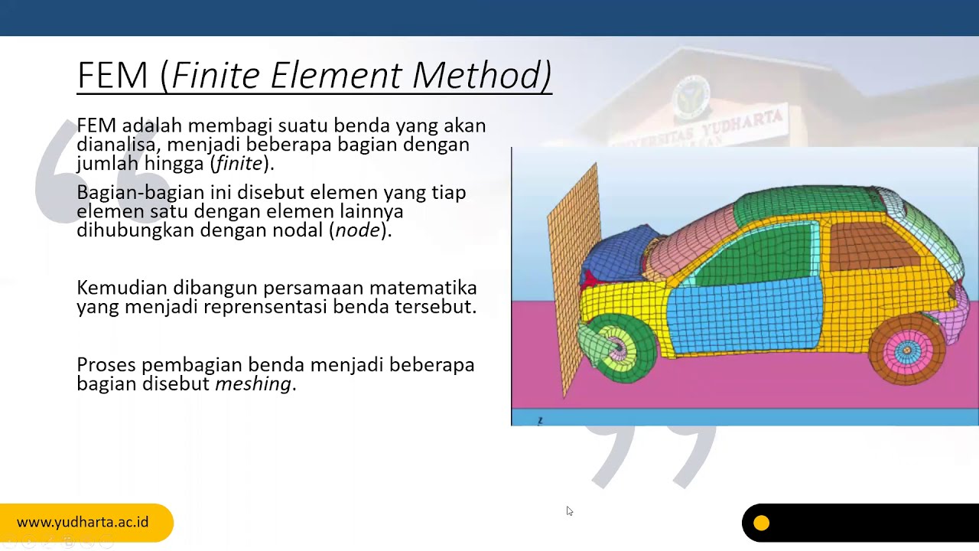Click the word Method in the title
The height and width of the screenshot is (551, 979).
tap(481, 76)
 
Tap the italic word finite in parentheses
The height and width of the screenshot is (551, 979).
tap(240, 163)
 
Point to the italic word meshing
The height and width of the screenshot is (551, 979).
tap(253, 383)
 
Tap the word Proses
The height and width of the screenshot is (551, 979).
tap(106, 365)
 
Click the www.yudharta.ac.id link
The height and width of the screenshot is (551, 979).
tap(83, 523)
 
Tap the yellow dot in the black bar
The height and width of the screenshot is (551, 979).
tap(761, 523)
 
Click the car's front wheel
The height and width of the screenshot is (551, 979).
tap(616, 348)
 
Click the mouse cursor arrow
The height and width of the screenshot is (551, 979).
tap(569, 510)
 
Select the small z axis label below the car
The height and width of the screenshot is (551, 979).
tap(540, 420)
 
